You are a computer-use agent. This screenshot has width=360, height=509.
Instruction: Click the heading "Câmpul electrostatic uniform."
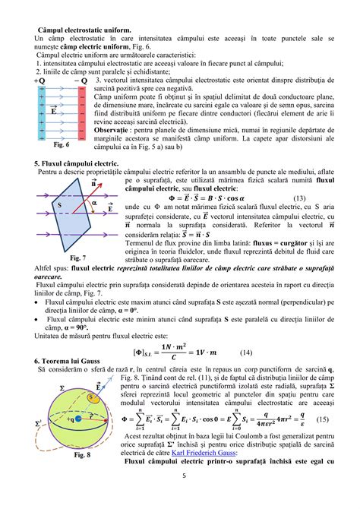85,30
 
